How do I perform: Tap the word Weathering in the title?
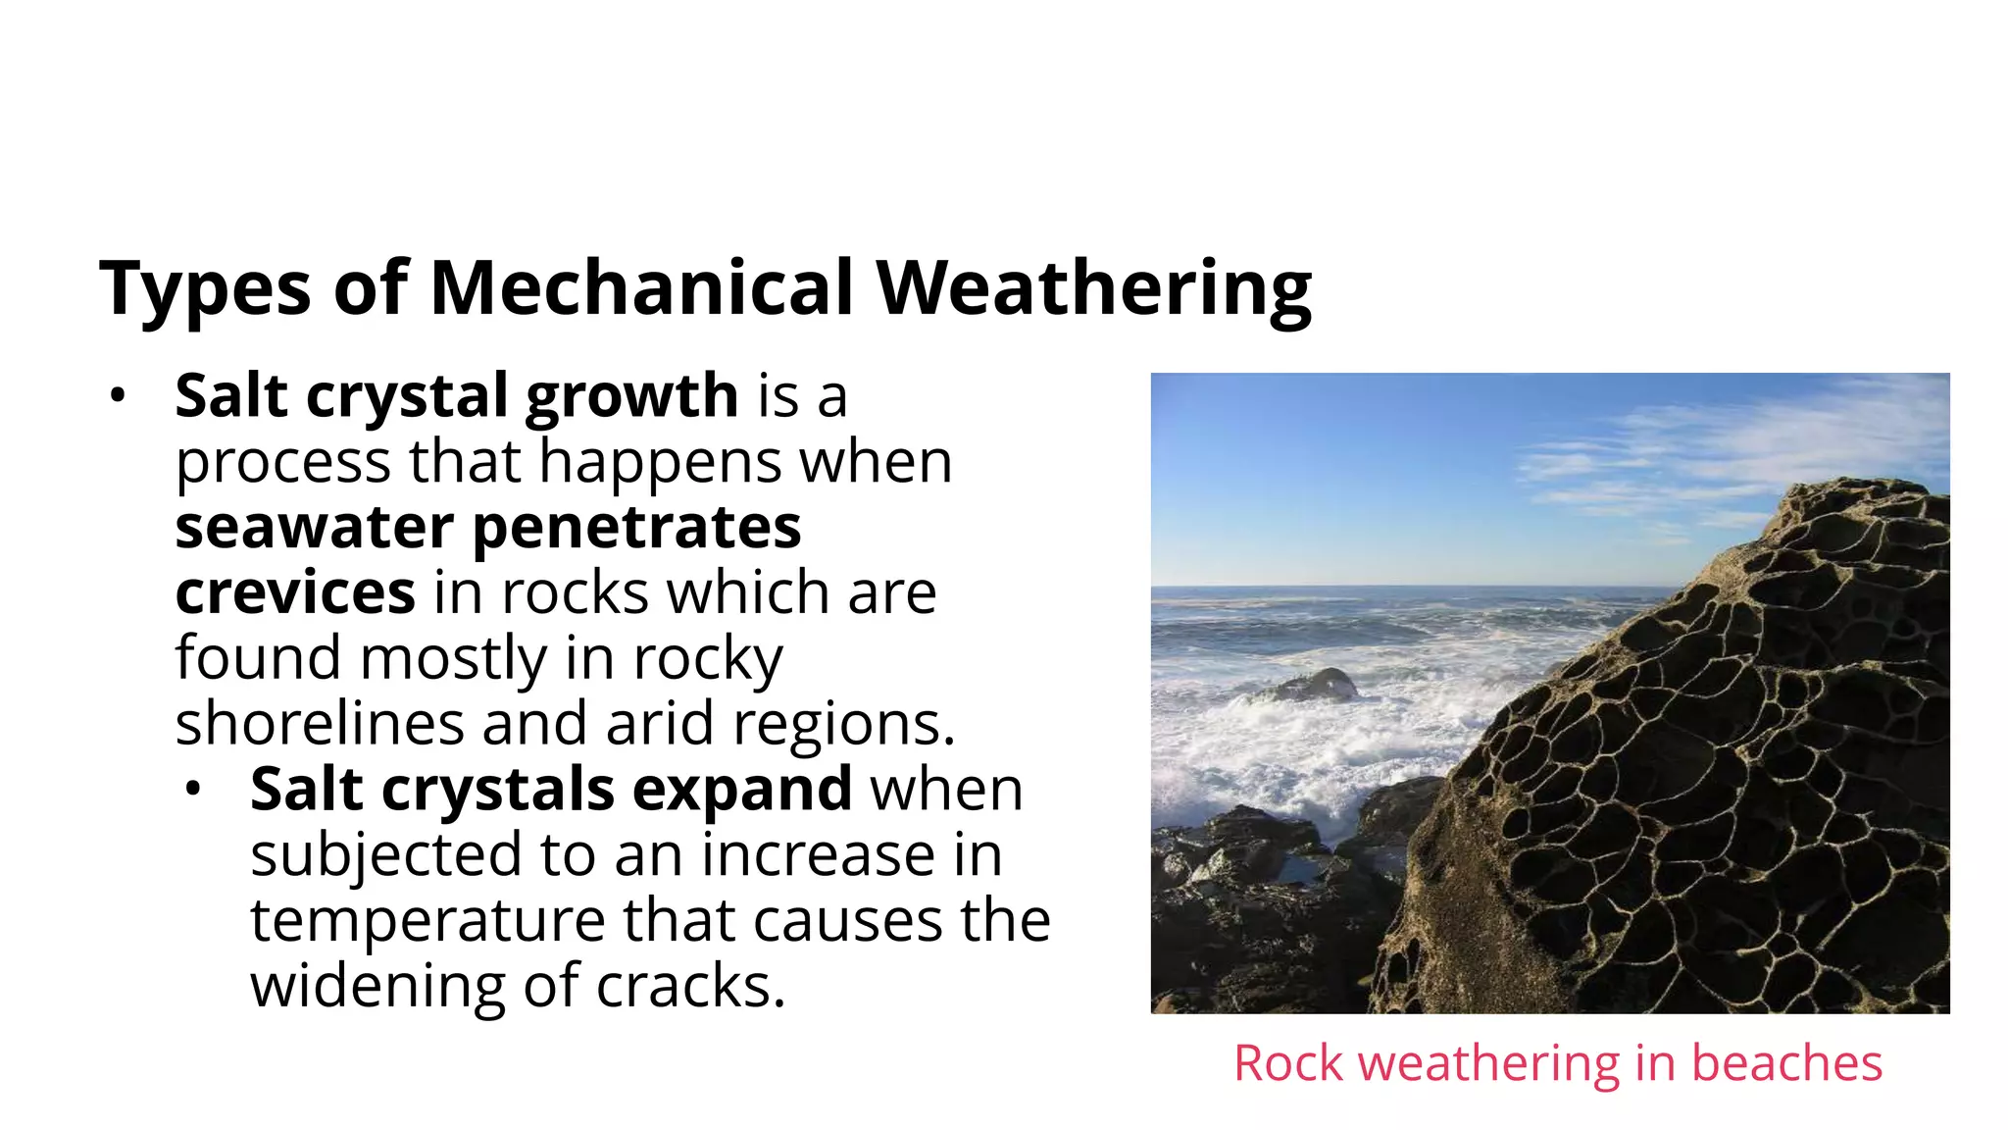[x=1093, y=289]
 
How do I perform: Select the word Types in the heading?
[x=205, y=289]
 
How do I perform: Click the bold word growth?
[x=631, y=397]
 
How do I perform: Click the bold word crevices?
[x=295, y=593]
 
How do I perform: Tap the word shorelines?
[x=319, y=724]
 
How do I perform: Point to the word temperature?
[x=427, y=921]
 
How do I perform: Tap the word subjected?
[x=385, y=855]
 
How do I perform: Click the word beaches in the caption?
[x=1786, y=1063]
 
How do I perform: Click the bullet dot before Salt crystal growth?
[x=118, y=396]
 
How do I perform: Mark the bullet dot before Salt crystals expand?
[x=193, y=790]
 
